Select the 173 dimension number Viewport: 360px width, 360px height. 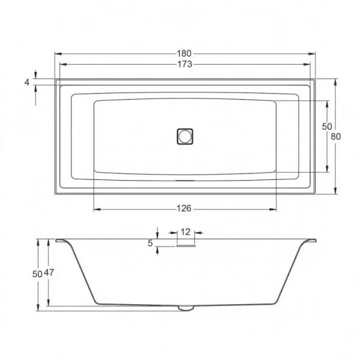[185, 65]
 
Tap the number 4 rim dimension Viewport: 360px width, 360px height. [27, 82]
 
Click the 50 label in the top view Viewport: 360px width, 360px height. [326, 127]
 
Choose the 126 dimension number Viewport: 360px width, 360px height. [184, 209]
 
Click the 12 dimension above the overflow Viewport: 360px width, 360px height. [185, 232]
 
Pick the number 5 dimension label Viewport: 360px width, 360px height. [150, 243]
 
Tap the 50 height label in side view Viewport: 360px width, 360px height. [37, 273]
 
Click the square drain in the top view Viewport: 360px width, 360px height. [185, 136]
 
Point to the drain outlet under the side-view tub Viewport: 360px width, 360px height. [185, 308]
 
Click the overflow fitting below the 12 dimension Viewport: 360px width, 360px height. [186, 244]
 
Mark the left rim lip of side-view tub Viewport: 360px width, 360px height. [61, 241]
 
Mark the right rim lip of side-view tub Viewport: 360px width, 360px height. [310, 241]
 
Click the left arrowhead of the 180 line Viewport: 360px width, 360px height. [58, 53]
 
